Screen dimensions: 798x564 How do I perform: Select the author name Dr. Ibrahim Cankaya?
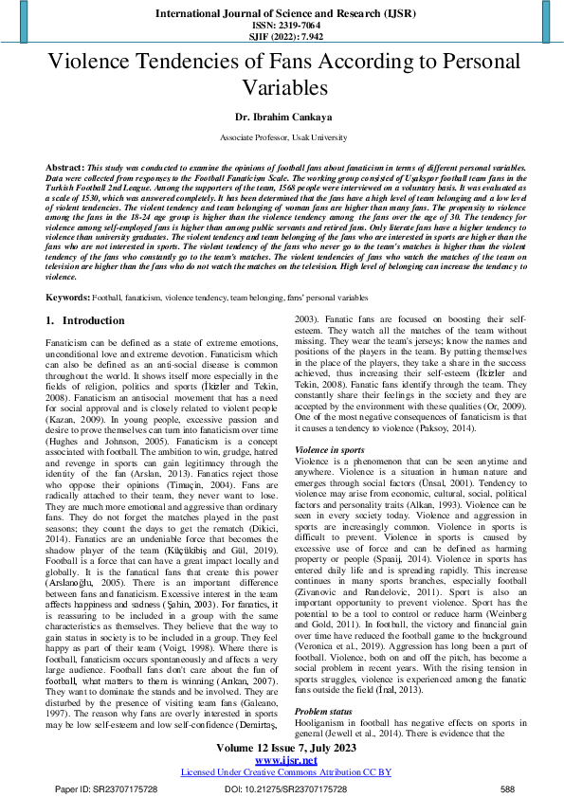pos(282,119)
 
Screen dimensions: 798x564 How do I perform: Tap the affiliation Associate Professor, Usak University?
pos(282,137)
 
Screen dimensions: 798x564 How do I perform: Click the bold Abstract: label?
pos(64,164)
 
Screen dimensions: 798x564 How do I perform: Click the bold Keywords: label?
pos(68,298)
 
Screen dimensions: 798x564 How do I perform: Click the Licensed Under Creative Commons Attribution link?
pos(282,771)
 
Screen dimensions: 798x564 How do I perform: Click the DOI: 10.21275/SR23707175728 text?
pos(285,789)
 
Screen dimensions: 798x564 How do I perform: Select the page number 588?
pos(508,789)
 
